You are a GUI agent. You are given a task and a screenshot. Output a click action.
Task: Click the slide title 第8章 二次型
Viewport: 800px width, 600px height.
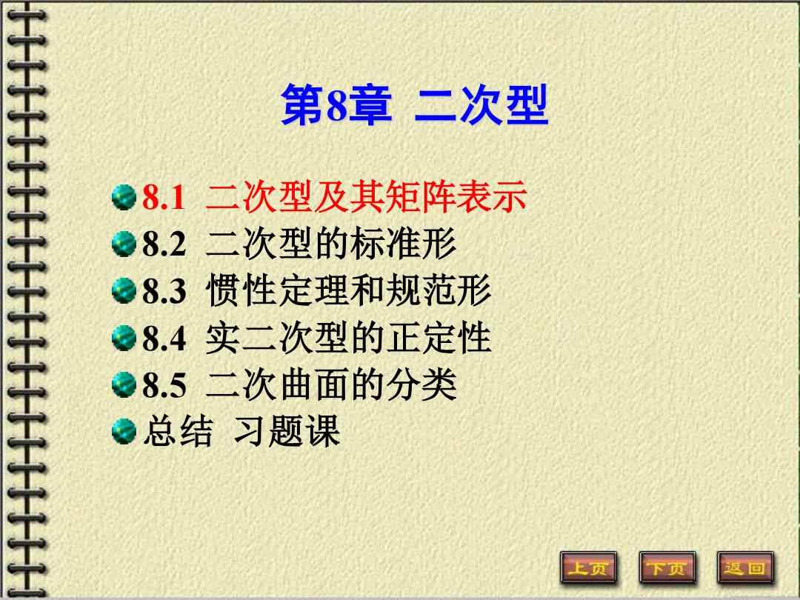point(414,106)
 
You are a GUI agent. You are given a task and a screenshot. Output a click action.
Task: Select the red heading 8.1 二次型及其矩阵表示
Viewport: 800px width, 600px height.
point(334,198)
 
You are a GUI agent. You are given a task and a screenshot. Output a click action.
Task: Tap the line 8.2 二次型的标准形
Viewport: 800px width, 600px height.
point(299,244)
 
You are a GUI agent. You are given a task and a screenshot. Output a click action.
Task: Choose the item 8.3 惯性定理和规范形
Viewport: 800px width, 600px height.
point(316,291)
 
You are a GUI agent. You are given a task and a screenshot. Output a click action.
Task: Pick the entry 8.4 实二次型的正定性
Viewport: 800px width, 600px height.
point(316,338)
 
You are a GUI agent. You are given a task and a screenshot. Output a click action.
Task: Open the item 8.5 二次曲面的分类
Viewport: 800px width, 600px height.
point(299,384)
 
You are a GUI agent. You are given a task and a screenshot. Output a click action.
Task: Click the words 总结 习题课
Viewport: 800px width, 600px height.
point(241,431)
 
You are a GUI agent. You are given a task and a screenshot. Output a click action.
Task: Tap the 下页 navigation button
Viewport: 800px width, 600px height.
point(667,568)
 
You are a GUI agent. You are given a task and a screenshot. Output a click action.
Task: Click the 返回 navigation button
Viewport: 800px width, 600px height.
point(745,568)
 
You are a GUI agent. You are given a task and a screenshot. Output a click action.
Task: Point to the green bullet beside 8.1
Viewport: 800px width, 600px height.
point(124,198)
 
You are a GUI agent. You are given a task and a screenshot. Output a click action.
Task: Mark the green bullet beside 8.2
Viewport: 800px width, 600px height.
point(124,244)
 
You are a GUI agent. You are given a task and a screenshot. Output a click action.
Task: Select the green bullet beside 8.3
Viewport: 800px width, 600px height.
point(124,291)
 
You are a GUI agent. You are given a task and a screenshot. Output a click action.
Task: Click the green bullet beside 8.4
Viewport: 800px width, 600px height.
point(124,338)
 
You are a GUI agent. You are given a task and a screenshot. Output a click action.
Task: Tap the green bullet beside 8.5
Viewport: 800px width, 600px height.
point(124,384)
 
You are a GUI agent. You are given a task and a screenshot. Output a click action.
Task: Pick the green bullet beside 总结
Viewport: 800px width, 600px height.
point(124,430)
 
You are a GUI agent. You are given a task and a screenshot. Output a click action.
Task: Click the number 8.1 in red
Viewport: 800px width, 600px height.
point(163,199)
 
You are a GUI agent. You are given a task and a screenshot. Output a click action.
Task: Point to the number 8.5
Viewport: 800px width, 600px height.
point(164,385)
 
